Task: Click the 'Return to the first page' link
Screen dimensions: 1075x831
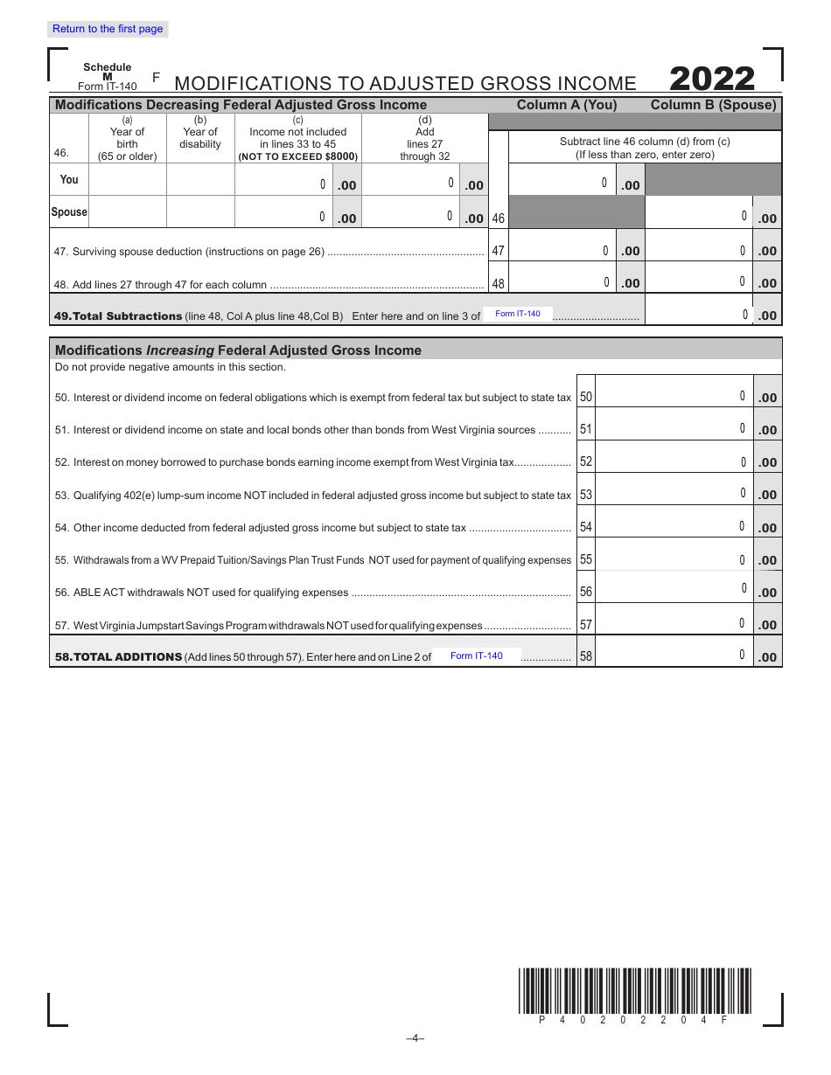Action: (x=108, y=29)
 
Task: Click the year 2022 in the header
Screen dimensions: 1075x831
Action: (x=712, y=80)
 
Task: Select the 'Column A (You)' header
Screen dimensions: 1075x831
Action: (x=567, y=105)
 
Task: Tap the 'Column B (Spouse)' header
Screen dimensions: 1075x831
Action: (x=713, y=105)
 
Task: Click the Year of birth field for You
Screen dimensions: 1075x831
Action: (x=128, y=179)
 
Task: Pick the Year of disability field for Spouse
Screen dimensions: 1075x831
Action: (x=200, y=212)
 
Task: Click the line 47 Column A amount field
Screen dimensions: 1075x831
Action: (x=562, y=250)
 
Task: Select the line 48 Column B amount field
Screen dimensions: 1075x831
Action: (x=699, y=282)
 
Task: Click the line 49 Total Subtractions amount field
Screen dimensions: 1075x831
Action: (x=699, y=315)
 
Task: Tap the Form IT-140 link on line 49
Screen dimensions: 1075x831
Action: (x=518, y=314)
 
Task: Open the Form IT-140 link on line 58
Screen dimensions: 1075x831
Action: (x=477, y=655)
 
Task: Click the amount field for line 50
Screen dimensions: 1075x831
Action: (x=674, y=397)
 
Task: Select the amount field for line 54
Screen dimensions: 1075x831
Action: (x=674, y=527)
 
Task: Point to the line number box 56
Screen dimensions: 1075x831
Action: (x=586, y=592)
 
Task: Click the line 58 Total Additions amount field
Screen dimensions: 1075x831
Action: (x=674, y=655)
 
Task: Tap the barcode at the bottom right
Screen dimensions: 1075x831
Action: (x=634, y=990)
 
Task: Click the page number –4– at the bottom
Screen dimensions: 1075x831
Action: (x=415, y=1038)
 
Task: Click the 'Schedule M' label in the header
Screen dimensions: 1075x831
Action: (x=108, y=72)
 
